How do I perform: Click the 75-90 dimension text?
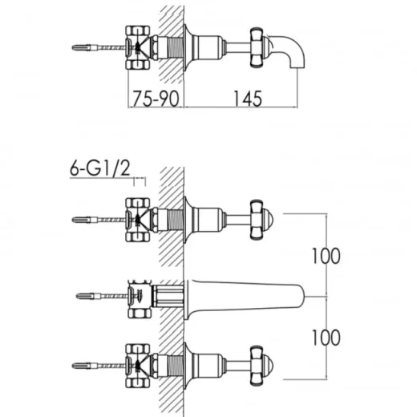coord(156,99)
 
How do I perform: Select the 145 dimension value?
coord(248,99)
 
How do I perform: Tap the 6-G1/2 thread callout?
coord(100,168)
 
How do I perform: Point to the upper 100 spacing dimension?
coord(326,256)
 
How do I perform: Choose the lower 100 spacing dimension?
coord(326,338)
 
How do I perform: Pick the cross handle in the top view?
coord(257,47)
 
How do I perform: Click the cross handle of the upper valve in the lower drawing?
coord(257,220)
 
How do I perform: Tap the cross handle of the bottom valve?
coord(257,366)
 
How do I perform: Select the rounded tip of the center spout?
coord(302,296)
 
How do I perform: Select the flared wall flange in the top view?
coord(188,47)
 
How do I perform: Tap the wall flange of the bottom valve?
coord(188,366)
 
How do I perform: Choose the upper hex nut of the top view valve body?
coord(138,30)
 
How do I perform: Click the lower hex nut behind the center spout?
coord(140,314)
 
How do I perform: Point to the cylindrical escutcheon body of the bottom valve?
coord(208,366)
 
